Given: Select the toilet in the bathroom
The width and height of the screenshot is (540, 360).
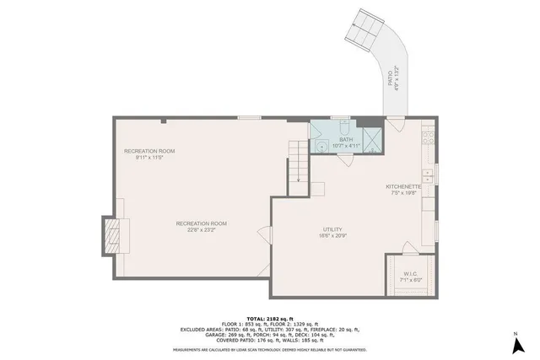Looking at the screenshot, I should point(343,127).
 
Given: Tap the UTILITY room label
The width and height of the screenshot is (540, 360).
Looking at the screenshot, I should point(332,229).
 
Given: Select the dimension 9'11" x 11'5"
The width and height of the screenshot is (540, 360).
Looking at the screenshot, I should point(143,157).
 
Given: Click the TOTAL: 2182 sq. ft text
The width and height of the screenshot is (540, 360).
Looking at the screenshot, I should point(269,316).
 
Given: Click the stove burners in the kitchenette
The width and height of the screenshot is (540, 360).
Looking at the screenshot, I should point(428,135).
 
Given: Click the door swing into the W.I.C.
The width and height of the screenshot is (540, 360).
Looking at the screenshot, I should point(408,248).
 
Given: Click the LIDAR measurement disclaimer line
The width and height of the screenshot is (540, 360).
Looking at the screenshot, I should point(269,347).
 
